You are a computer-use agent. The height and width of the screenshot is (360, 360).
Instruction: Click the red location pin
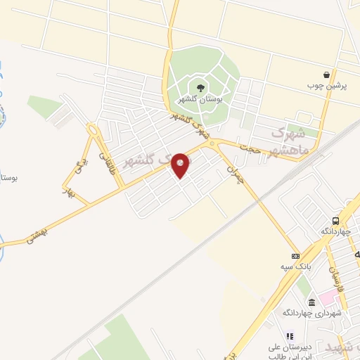point(181,165)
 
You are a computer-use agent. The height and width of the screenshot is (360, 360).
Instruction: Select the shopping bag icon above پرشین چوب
point(326,75)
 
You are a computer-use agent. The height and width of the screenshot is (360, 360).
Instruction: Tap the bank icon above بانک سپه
point(295,256)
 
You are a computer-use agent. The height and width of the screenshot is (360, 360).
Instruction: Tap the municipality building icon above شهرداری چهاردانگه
point(311,302)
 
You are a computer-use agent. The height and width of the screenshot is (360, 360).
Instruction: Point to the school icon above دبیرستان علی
point(287,337)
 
